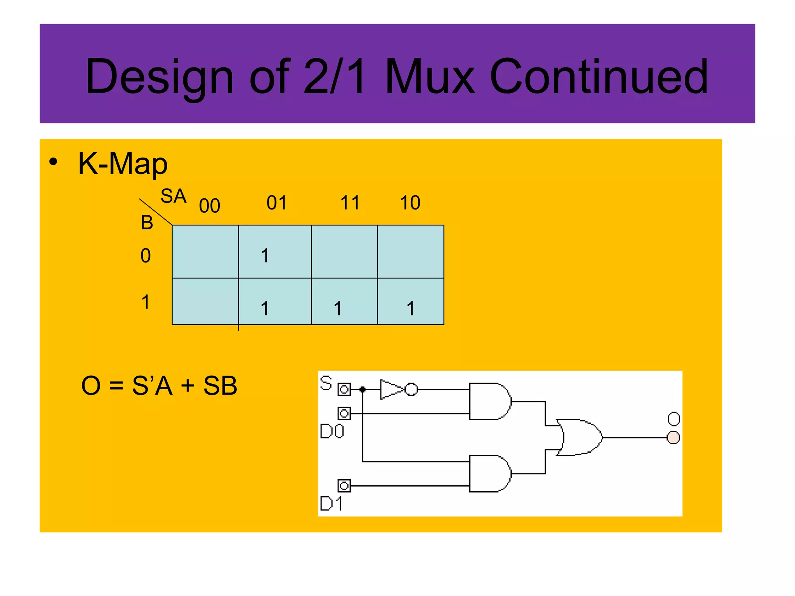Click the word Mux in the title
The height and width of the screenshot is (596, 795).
point(430,76)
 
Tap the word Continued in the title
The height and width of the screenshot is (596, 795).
point(599,76)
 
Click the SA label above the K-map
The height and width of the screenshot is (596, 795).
point(174,196)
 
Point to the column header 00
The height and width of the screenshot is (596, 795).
point(210,206)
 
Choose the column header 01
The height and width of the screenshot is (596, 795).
point(277,203)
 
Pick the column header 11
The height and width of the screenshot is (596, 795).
point(350,203)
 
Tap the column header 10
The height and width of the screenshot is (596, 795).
point(410,203)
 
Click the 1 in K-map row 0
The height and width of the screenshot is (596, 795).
point(265,256)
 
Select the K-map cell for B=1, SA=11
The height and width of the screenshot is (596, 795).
point(344,301)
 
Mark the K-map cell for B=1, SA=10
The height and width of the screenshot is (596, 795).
point(410,301)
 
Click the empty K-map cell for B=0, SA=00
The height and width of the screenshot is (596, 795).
point(205,251)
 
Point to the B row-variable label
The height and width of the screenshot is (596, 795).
point(147,223)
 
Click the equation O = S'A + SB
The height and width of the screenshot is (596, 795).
point(159,386)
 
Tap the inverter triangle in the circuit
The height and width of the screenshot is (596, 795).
point(391,389)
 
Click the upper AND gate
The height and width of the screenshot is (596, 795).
point(489,402)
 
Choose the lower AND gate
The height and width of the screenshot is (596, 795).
point(489,474)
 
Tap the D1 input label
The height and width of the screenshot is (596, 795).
point(331,504)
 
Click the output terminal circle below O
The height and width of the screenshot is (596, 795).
point(673,438)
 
